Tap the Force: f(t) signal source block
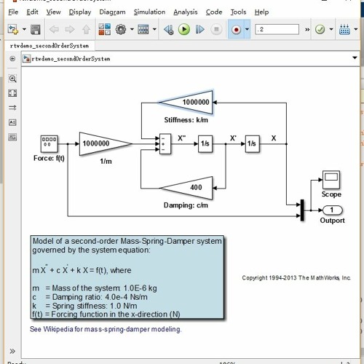pyautogui.click(x=50, y=143)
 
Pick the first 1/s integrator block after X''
pyautogui.click(x=205, y=144)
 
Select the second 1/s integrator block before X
pyautogui.click(x=252, y=144)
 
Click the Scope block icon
pyautogui.click(x=331, y=179)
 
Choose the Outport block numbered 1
pyautogui.click(x=333, y=210)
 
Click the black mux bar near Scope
pyautogui.click(x=300, y=209)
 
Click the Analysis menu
pyautogui.click(x=186, y=12)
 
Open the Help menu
pyautogui.click(x=261, y=12)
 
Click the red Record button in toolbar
pyautogui.click(x=236, y=30)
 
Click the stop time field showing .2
pyautogui.click(x=277, y=29)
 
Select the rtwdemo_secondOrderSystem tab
pyautogui.click(x=50, y=45)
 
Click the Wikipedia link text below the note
pyautogui.click(x=106, y=329)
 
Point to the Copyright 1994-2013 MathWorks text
pyautogui.click(x=296, y=278)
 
